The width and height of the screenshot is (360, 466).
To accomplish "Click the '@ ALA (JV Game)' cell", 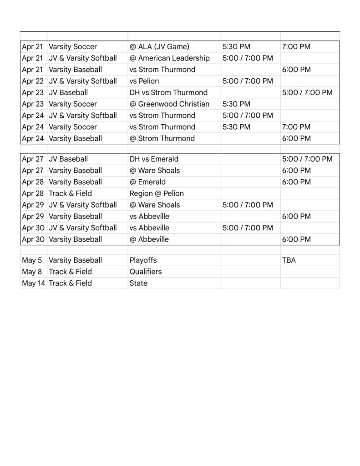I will pos(159,46).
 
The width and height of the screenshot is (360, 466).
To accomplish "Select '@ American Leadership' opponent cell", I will pos(169,58).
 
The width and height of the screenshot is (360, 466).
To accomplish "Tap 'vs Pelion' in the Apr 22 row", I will pos(144,81).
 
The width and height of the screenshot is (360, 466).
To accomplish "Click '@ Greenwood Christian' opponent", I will pos(169,104).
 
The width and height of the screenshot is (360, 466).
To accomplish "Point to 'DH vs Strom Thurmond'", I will pos(168,92).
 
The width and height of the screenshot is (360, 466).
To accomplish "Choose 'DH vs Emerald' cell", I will pos(154,159).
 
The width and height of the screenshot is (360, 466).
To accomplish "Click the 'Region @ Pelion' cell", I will pos(157,193).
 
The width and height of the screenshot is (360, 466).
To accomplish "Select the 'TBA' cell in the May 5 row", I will pos(289,260).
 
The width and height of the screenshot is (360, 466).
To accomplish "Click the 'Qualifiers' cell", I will pos(146,272).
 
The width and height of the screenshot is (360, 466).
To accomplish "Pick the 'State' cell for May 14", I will pos(138,283).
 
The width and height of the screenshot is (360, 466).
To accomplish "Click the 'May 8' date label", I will pos(31,272).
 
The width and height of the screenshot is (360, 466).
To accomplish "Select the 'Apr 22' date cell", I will pos(32,81).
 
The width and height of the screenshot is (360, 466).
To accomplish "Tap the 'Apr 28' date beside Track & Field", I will pos(32,193).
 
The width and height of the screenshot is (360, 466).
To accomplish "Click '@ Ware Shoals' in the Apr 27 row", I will pos(155,171).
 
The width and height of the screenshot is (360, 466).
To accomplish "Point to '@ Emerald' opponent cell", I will pos(148,182).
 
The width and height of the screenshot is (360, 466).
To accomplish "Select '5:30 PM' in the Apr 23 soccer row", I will pos(236,104).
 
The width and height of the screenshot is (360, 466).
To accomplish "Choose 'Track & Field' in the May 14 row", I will pos(70,283).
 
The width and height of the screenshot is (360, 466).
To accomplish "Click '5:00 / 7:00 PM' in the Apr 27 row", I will pos(307,159).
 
